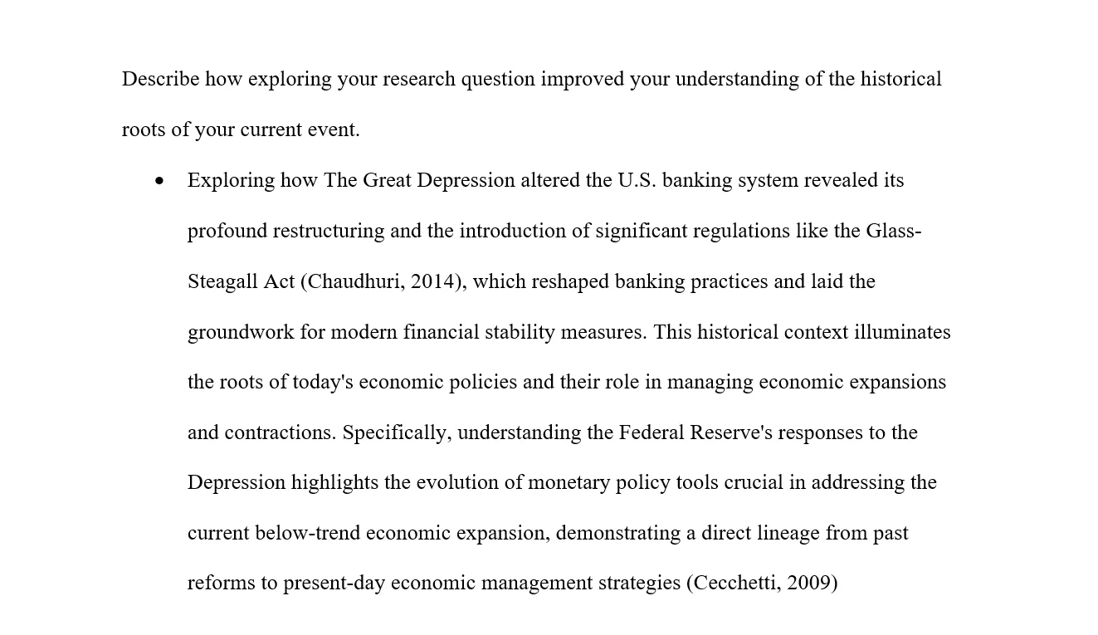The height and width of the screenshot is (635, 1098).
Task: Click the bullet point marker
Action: [159, 181]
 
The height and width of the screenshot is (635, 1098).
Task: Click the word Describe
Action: [160, 79]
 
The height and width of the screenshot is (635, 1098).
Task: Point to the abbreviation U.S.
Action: [637, 180]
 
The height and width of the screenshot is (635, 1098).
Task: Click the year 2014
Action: [434, 281]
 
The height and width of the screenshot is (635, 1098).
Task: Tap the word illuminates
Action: [902, 332]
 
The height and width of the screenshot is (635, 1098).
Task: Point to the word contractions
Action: [280, 432]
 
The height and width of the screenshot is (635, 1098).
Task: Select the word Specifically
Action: [396, 432]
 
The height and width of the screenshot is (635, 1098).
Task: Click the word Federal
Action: [651, 432]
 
